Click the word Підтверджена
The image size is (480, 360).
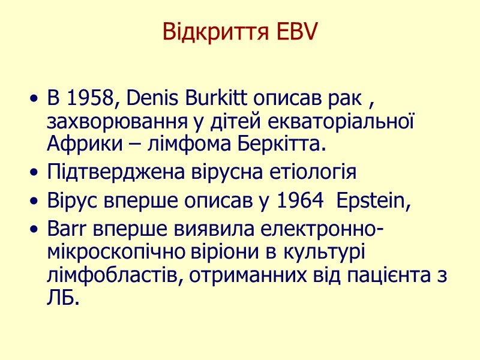[x=107, y=173]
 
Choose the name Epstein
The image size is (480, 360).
[x=374, y=202]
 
